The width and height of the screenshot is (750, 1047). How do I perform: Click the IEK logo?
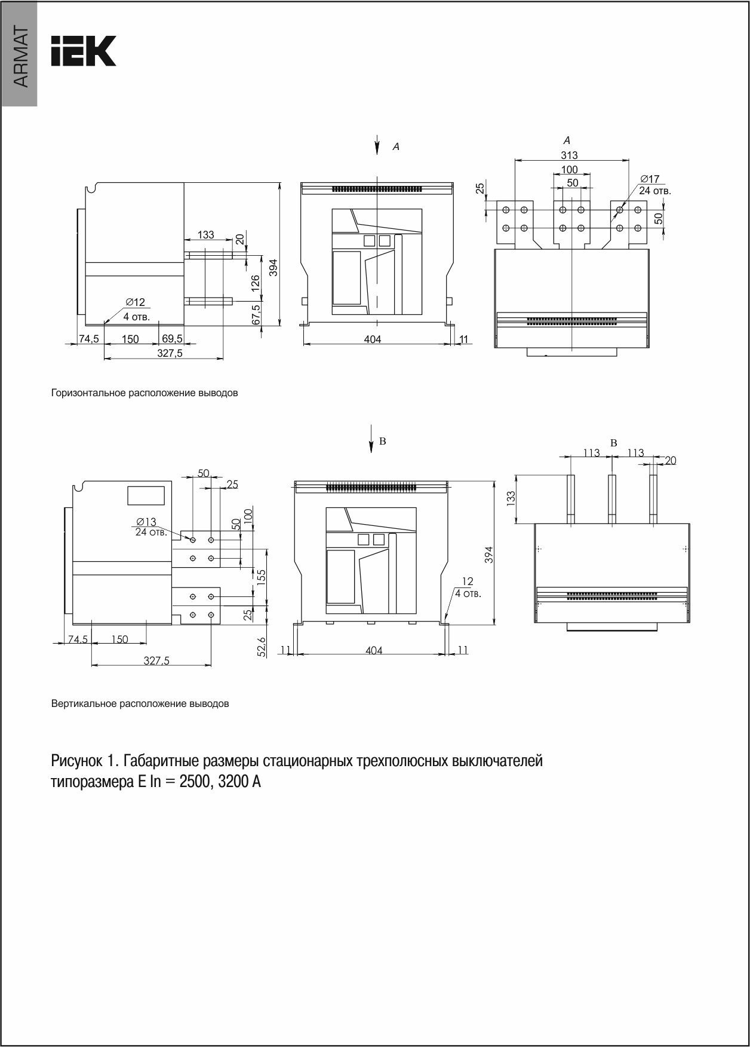pyautogui.click(x=84, y=51)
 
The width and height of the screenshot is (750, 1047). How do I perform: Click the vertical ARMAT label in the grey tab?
pyautogui.click(x=20, y=57)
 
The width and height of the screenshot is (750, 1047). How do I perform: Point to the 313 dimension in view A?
pyautogui.click(x=569, y=155)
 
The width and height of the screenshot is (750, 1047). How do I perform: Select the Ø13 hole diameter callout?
pyautogui.click(x=146, y=522)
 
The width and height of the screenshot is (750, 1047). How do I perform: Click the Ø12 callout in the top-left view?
pyautogui.click(x=135, y=303)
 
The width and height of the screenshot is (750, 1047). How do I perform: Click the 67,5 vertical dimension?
pyautogui.click(x=256, y=314)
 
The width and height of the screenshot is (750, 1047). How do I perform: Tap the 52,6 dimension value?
pyautogui.click(x=260, y=646)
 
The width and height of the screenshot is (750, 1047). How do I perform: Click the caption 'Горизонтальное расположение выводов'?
pyautogui.click(x=145, y=393)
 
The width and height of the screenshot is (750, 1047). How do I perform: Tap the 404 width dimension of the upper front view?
pyautogui.click(x=373, y=339)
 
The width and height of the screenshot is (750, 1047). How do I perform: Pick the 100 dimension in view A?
pyautogui.click(x=569, y=170)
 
